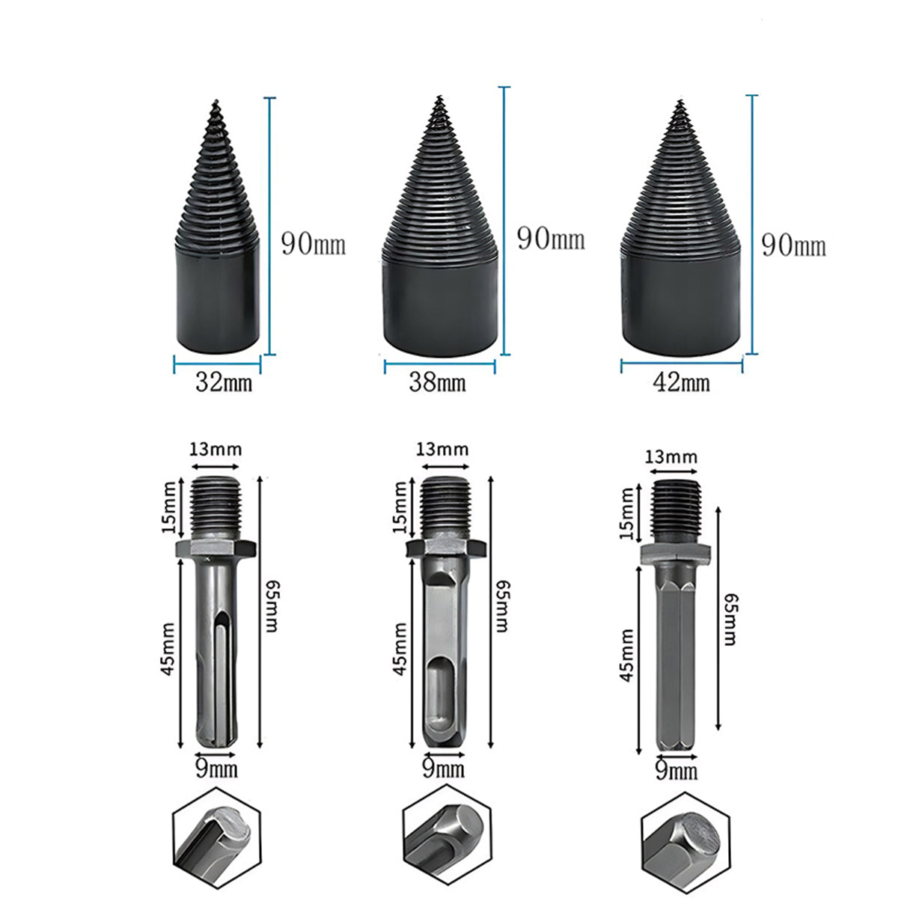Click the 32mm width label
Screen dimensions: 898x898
(x=224, y=384)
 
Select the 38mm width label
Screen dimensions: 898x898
(x=437, y=383)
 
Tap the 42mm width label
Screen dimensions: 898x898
(x=681, y=383)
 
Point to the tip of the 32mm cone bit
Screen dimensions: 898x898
(x=216, y=100)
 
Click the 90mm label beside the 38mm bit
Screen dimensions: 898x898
(x=551, y=239)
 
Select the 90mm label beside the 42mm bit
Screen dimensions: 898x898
(x=794, y=245)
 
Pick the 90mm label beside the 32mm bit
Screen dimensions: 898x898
(x=314, y=244)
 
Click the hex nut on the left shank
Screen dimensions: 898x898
(x=216, y=549)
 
